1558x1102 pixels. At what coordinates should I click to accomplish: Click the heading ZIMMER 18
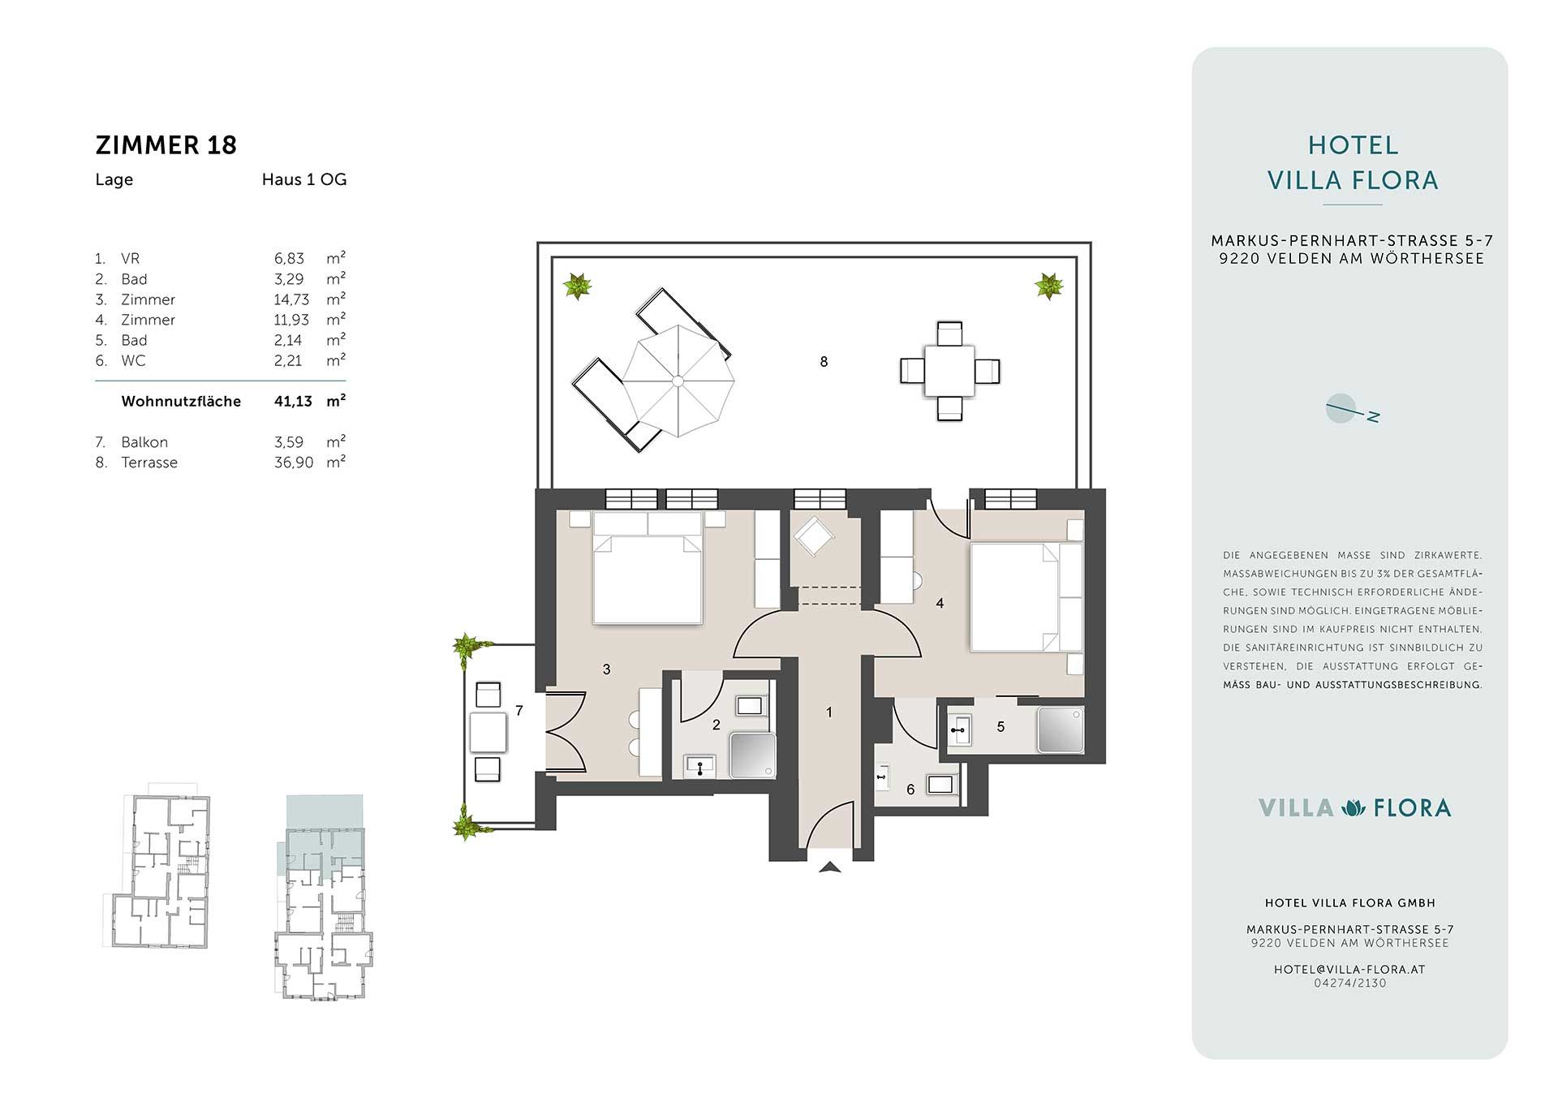[x=166, y=145]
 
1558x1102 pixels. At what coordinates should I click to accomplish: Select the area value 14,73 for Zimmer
[x=291, y=299]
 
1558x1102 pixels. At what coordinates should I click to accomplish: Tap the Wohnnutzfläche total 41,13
[x=293, y=401]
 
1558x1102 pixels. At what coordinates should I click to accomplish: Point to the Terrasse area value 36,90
[x=294, y=463]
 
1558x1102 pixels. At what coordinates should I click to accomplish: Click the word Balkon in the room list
[x=144, y=442]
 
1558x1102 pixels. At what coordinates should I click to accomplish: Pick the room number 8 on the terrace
[x=824, y=362]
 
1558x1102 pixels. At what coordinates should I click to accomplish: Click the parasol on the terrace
[x=678, y=381]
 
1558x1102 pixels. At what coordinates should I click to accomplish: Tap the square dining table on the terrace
[x=949, y=371]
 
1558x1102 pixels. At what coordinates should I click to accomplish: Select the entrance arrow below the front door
[x=829, y=867]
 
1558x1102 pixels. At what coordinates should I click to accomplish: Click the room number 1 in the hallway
[x=828, y=712]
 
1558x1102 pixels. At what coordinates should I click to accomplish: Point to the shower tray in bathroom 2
[x=754, y=755]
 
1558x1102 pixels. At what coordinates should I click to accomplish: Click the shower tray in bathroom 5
[x=1060, y=730]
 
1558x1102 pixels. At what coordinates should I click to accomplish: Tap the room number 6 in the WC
[x=910, y=790]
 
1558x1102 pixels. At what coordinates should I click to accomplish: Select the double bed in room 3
[x=648, y=568]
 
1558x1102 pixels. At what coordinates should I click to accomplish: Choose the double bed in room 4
[x=1026, y=597]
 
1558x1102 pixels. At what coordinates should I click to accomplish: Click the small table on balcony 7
[x=488, y=732]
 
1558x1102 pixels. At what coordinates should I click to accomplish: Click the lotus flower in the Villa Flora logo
[x=1354, y=807]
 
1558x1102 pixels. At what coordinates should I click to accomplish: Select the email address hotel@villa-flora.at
[x=1349, y=969]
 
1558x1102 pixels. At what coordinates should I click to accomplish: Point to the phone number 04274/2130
[x=1350, y=983]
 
